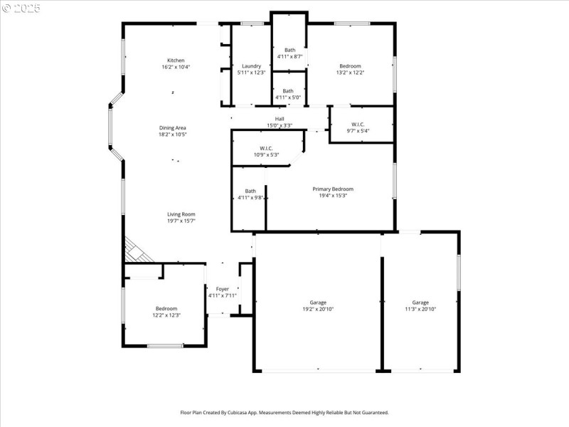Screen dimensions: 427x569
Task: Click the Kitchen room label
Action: (x=176, y=60)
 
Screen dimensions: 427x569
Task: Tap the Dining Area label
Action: (x=172, y=127)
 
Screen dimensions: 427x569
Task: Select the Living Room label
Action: (x=181, y=214)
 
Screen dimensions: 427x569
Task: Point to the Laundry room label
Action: (x=251, y=66)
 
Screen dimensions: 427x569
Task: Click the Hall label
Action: (x=280, y=119)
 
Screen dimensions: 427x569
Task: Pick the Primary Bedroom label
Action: (x=333, y=189)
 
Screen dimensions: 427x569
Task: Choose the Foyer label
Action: (x=223, y=289)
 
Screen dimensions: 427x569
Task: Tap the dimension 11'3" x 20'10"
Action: (x=420, y=309)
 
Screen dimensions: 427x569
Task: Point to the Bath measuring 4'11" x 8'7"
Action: (x=289, y=50)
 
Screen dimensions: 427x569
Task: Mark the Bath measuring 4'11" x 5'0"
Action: (x=288, y=90)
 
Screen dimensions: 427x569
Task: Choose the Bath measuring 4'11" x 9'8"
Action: (x=250, y=191)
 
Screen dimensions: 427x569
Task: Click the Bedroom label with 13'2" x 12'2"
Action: (x=350, y=66)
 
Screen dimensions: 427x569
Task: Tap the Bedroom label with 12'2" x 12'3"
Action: (x=166, y=308)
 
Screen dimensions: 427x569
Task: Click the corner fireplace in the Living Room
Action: (x=134, y=251)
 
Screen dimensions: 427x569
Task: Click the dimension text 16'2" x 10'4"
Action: (x=176, y=67)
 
